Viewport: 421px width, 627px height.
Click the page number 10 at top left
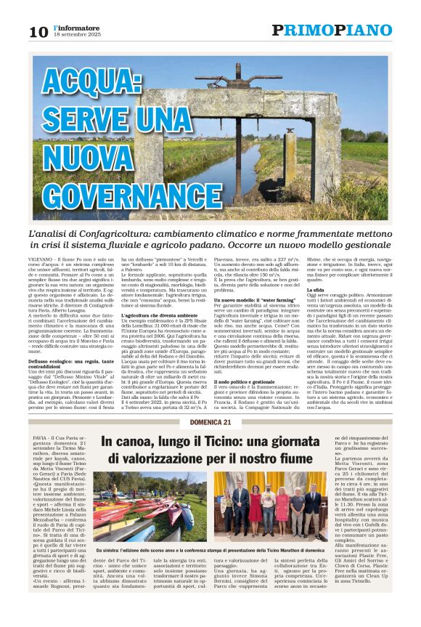[x=38, y=31]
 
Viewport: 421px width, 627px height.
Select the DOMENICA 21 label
[x=210, y=423]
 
